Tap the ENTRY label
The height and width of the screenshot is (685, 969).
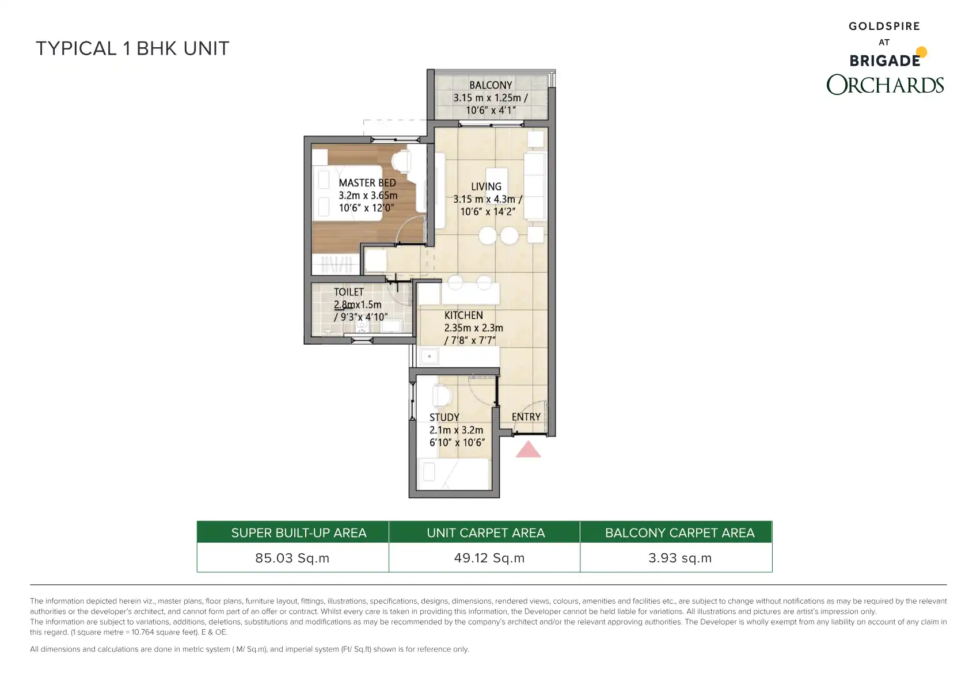[526, 417]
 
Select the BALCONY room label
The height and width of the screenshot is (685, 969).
[491, 85]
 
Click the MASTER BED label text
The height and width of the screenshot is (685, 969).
[367, 183]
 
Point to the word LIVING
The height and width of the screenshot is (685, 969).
[487, 187]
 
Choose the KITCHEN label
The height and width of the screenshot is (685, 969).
[463, 315]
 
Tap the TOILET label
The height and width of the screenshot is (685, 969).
[349, 292]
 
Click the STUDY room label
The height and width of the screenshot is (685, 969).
[444, 418]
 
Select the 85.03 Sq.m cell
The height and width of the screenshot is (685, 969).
[292, 558]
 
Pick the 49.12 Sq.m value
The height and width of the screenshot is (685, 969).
[489, 558]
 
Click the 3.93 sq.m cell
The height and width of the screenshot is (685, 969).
[680, 558]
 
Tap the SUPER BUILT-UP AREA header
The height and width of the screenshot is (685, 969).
[299, 533]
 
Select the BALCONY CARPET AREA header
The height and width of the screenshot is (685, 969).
[680, 533]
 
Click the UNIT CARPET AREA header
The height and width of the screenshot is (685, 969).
[486, 533]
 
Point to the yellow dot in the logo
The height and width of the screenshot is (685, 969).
[921, 52]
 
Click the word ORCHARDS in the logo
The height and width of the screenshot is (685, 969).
[885, 85]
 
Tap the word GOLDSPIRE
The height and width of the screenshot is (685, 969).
[884, 26]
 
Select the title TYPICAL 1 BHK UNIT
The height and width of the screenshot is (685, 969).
[132, 48]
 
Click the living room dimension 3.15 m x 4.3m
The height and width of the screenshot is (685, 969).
[488, 199]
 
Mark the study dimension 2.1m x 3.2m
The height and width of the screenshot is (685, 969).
[457, 431]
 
